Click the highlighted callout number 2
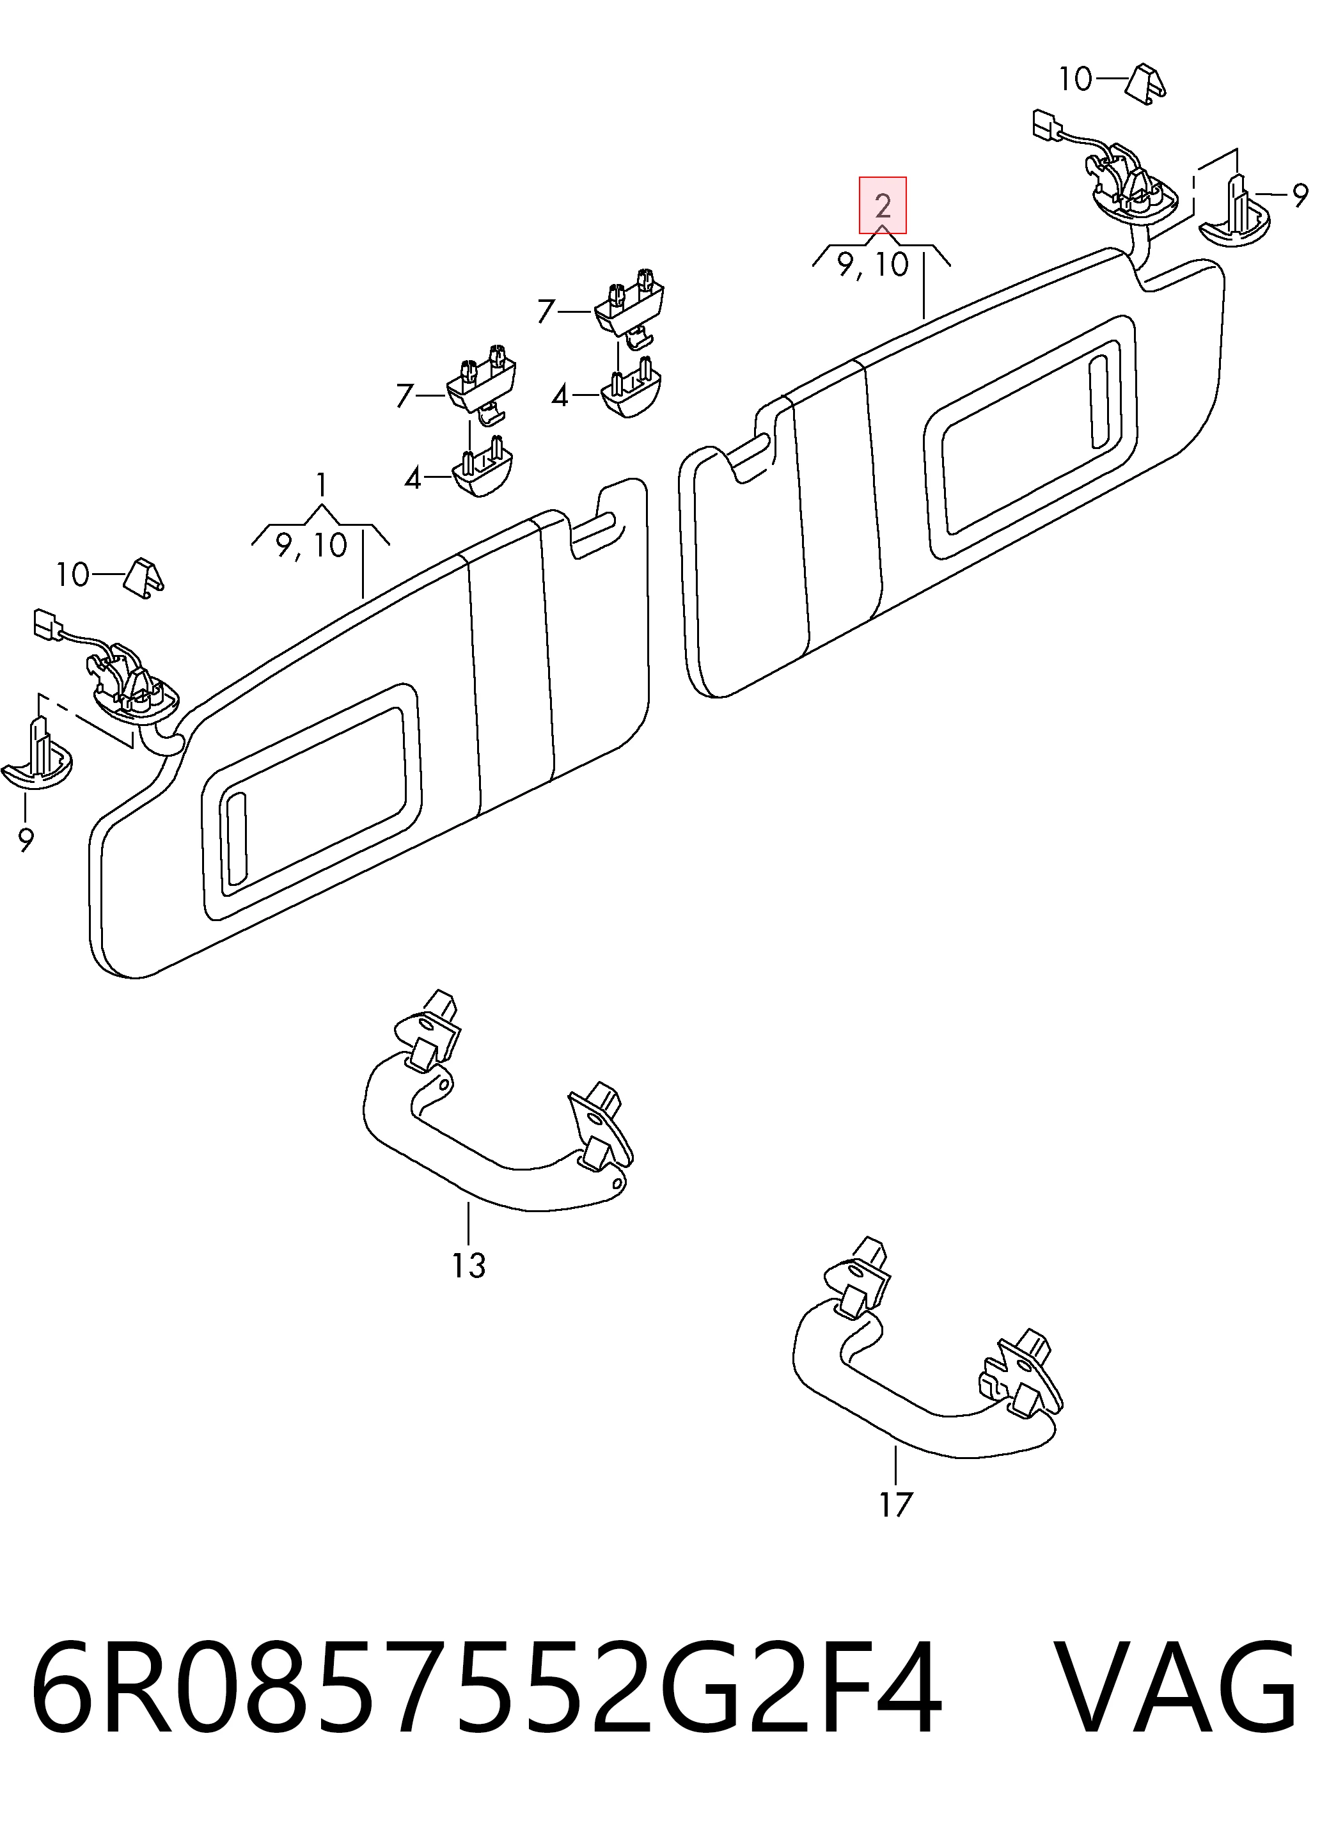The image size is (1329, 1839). tap(883, 205)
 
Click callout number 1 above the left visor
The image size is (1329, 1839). tap(322, 485)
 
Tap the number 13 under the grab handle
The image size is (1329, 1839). tap(469, 1265)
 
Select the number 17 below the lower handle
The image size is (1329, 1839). tap(896, 1505)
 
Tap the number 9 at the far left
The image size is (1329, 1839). tap(26, 841)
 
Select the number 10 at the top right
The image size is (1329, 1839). tap(1076, 79)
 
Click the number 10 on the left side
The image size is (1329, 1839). tap(73, 575)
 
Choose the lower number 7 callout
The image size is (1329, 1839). tap(405, 396)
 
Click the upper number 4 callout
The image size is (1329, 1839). tap(560, 397)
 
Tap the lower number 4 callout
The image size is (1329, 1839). tap(413, 478)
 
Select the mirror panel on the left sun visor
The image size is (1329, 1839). tap(311, 803)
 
